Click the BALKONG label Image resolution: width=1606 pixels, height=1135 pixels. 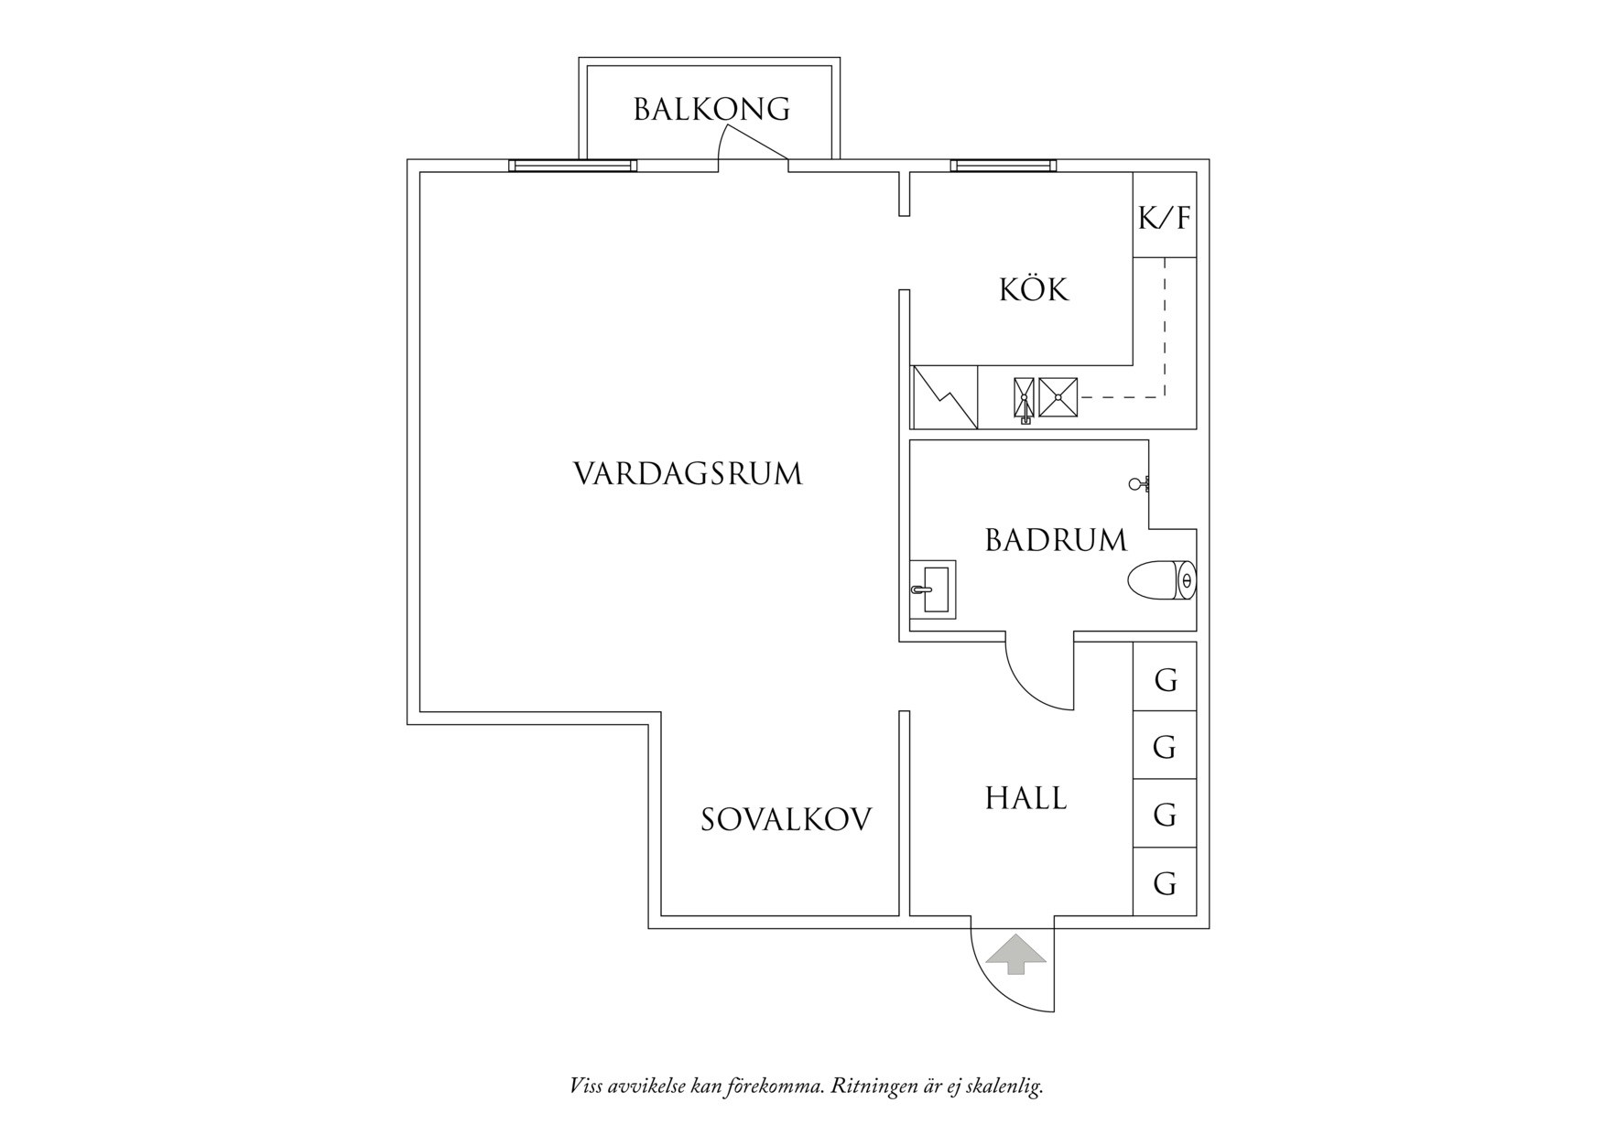(711, 110)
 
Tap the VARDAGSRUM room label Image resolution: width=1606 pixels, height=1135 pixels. (688, 474)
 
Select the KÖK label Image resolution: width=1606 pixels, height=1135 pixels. (1034, 290)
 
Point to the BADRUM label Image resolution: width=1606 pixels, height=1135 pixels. (1056, 540)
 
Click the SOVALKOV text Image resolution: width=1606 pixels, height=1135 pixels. (787, 819)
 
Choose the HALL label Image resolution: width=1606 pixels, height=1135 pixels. (1025, 798)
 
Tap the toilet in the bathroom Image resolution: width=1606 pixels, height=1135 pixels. (1162, 581)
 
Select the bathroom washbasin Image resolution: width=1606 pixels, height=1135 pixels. (935, 589)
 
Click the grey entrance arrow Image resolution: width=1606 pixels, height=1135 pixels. (1013, 954)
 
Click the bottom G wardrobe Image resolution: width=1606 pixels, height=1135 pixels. (1165, 882)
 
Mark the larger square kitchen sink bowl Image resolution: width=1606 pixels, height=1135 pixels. (1058, 397)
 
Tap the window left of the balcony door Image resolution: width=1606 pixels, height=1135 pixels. (573, 166)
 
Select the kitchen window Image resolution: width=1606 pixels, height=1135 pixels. (1004, 166)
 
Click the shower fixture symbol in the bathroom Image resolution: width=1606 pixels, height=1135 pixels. (1139, 484)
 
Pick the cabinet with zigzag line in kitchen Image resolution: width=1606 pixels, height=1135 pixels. (944, 396)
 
